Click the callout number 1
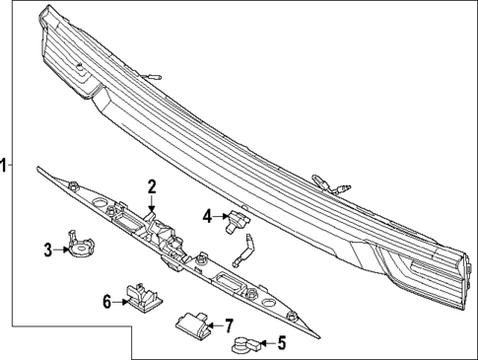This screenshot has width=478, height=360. [5, 166]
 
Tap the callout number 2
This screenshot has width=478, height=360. [152, 185]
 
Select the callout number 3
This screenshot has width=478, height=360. [46, 250]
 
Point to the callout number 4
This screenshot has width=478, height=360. [207, 215]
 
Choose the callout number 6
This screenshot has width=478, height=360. [107, 302]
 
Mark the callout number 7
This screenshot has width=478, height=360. [228, 324]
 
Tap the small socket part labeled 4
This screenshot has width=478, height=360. [237, 220]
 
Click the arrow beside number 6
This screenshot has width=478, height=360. [120, 302]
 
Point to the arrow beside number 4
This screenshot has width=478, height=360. [220, 216]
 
